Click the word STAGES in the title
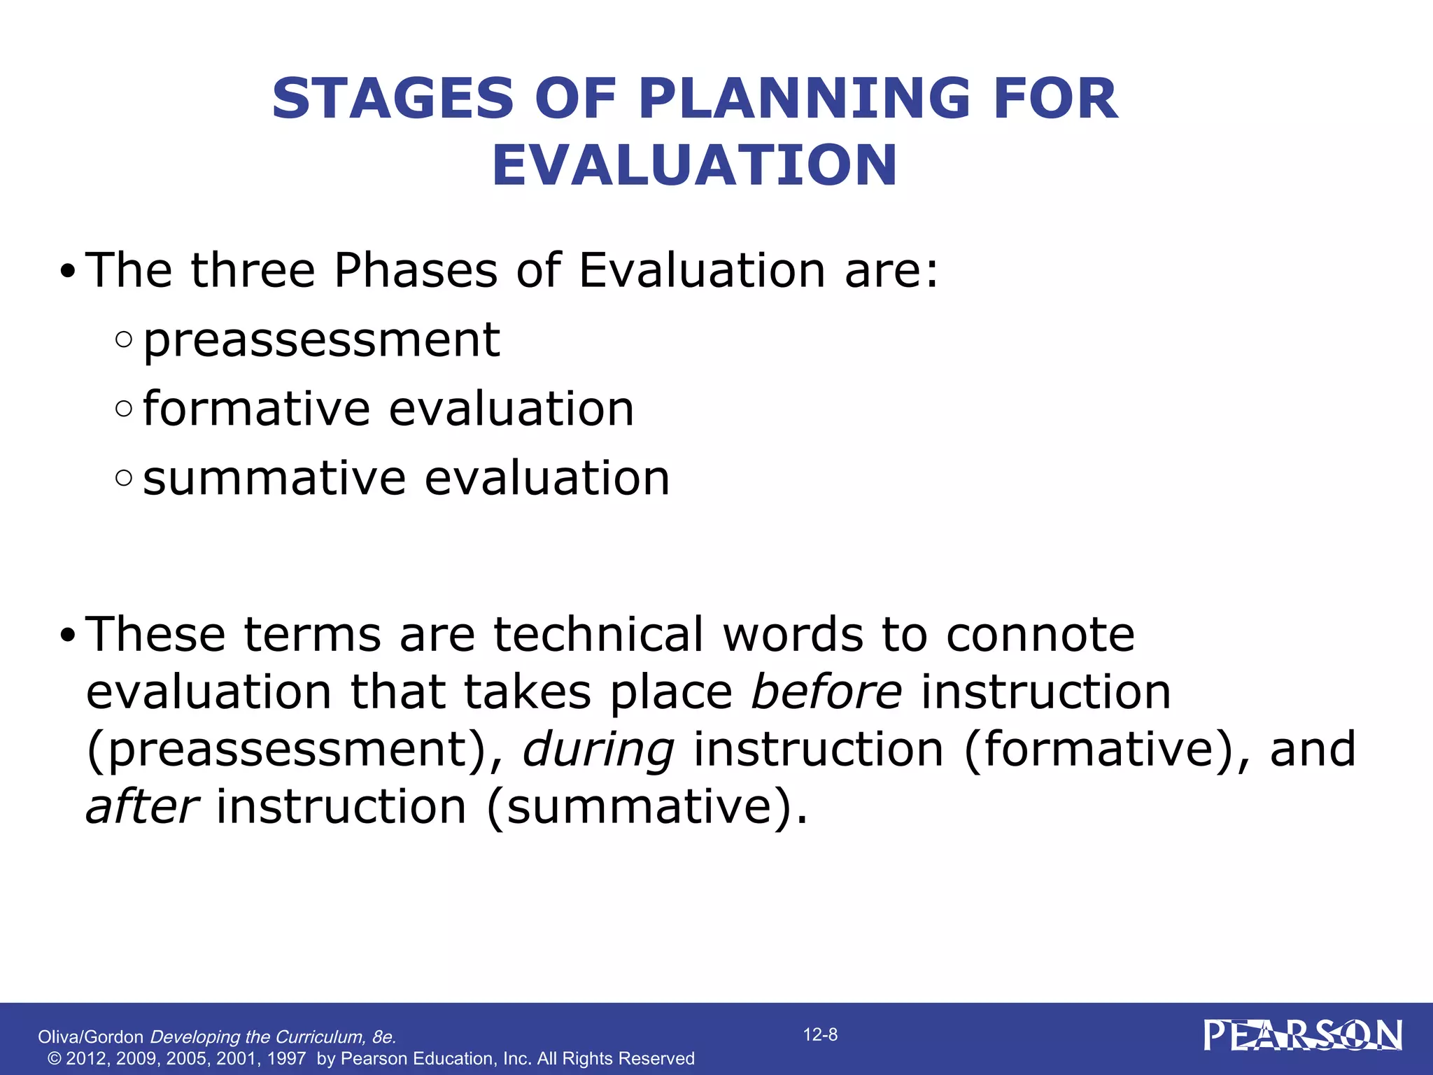tap(393, 99)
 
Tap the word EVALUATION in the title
tap(694, 166)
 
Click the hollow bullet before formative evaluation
tap(124, 409)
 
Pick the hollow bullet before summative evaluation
tap(124, 478)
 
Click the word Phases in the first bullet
tap(416, 270)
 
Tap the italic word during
tap(598, 750)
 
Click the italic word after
tap(142, 807)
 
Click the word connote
tap(1040, 634)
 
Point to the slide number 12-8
tap(820, 1034)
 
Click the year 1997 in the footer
tap(286, 1058)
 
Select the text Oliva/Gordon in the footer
tap(90, 1037)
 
